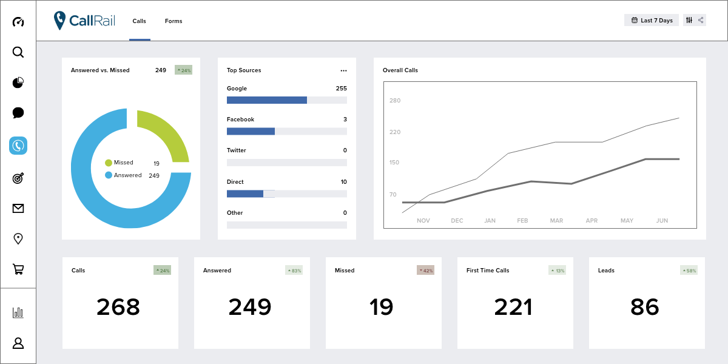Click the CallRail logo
[84, 21]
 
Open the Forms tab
[174, 21]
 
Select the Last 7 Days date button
[652, 20]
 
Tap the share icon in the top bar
[701, 20]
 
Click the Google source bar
[267, 100]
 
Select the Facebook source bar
[251, 131]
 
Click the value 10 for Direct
[343, 182]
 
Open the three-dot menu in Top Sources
[343, 70]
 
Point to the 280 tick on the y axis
[396, 101]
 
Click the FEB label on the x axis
[522, 221]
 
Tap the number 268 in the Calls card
[118, 307]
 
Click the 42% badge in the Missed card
[425, 271]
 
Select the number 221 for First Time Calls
[513, 307]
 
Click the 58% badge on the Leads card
[689, 271]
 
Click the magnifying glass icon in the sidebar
[18, 52]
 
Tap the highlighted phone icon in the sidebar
[18, 146]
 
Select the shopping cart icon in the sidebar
[18, 269]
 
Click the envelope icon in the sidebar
[18, 209]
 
